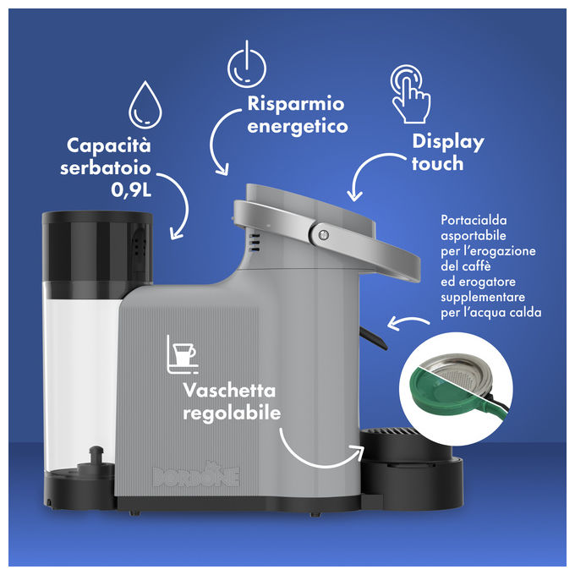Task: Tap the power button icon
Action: pos(247,64)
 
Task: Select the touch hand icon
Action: pos(410,94)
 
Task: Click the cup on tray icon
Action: pos(183,354)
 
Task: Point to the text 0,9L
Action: pos(131,190)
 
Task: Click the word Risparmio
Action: pos(296,104)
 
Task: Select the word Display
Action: pos(448,142)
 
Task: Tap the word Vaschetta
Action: pos(229,390)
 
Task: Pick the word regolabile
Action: pos(232,413)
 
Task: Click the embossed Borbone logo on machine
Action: pos(196,475)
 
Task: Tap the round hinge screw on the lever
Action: pos(323,234)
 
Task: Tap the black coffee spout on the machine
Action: pos(373,337)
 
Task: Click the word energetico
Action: pos(298,127)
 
